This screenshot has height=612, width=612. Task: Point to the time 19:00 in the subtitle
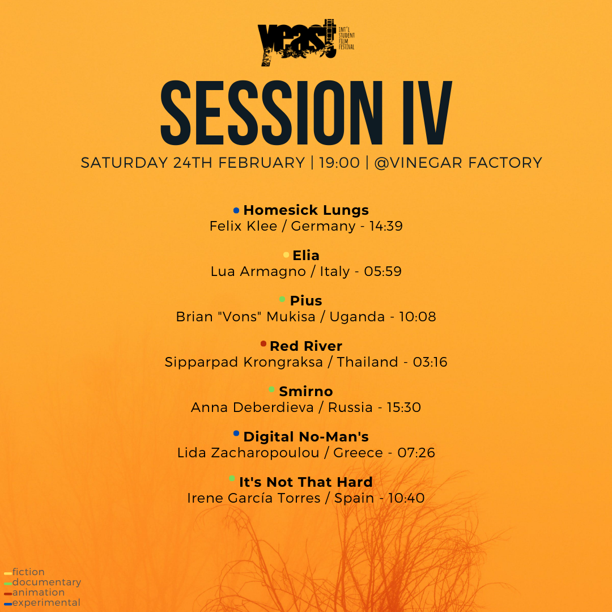pos(339,163)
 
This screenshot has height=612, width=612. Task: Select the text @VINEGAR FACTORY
pos(458,163)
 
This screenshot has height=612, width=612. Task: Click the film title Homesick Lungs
pos(306,210)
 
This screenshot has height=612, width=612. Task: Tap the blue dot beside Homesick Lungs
pos(236,210)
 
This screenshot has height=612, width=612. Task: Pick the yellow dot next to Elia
pos(286,255)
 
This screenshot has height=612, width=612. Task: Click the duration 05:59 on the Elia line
pos(383,271)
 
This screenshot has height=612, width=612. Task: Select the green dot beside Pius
pos(282,299)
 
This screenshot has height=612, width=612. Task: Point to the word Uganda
pos(357,317)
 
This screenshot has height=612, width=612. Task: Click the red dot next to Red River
pos(263,343)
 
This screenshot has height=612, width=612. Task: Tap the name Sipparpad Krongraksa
pos(244,362)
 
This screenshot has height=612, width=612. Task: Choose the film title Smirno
pos(306,391)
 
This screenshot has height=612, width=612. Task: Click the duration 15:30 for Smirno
pos(404,407)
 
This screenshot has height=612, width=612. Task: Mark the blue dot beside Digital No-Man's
pos(236,433)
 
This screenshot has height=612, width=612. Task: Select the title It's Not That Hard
pos(306,482)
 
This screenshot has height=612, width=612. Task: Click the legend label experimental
pos(46,602)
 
